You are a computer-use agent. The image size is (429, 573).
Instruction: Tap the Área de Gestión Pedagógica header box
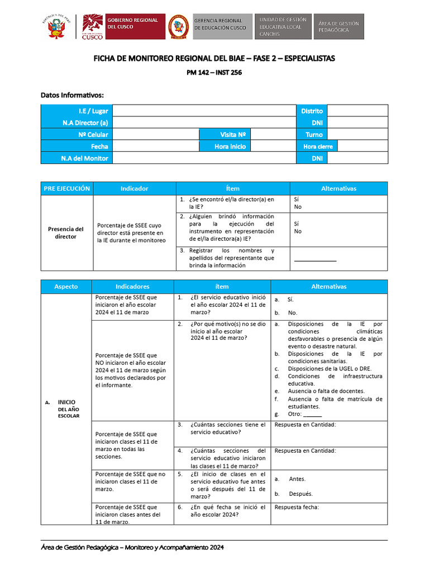[339, 27]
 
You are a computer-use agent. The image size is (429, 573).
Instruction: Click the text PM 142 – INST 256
[214, 72]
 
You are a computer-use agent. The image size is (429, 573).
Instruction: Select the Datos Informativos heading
[73, 95]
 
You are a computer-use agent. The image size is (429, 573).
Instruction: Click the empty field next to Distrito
[357, 111]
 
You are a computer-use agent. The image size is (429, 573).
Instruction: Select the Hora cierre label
[318, 146]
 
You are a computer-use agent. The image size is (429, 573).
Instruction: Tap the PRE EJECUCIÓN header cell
[67, 189]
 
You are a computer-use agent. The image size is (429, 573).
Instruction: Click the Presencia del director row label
[66, 233]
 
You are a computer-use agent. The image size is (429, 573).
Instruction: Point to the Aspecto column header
[66, 286]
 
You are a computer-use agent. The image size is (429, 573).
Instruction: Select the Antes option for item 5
[297, 479]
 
